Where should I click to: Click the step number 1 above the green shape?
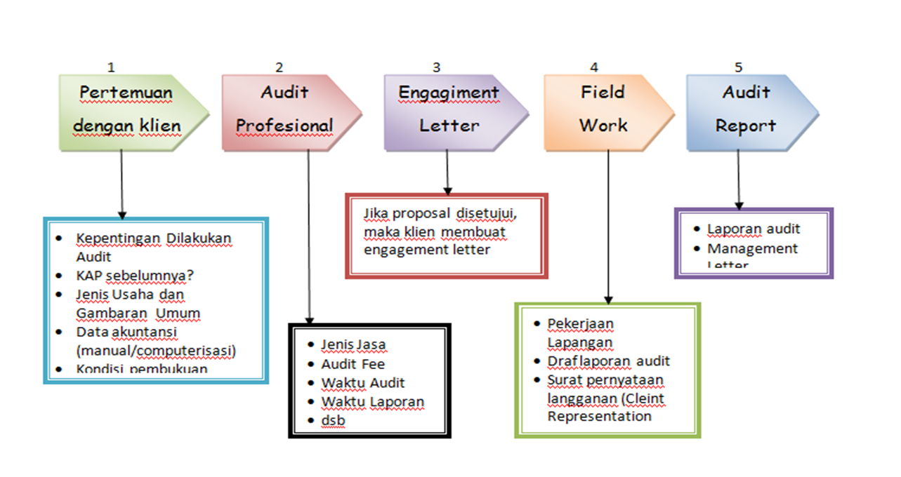coord(111,67)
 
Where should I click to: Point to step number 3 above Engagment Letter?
coord(437,67)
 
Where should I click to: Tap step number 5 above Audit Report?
coord(738,67)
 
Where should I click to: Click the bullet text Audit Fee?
coord(353,364)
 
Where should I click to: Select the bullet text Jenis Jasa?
coord(354,345)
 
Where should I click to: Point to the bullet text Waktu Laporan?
coord(373,402)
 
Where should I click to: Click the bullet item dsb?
coord(334,420)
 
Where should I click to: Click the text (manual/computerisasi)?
coord(156,350)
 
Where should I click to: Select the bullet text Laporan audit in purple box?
coord(754,229)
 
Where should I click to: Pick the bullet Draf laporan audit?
coord(609,361)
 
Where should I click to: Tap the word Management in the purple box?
coord(752,248)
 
